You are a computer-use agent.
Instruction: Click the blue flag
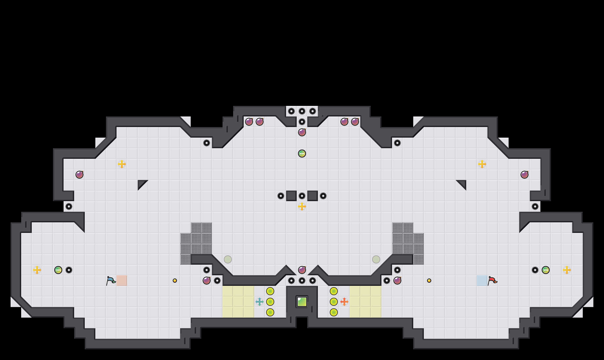[111, 280]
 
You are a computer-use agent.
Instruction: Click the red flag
[492, 280]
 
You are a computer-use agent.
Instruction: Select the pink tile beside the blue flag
[122, 281]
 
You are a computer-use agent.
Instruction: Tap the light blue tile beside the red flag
[482, 281]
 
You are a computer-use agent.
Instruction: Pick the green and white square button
[302, 302]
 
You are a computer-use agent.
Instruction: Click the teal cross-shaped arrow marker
[260, 302]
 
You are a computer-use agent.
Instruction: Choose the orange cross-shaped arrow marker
[344, 302]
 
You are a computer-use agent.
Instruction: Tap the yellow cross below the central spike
[302, 206]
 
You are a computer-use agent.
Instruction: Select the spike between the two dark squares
[302, 196]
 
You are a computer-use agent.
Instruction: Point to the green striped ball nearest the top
[302, 154]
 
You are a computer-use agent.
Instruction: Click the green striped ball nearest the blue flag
[58, 270]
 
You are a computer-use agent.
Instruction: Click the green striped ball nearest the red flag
[546, 270]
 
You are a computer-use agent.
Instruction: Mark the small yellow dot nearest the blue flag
[175, 281]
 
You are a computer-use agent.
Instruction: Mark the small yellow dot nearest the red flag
[429, 281]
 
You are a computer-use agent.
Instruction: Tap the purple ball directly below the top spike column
[302, 132]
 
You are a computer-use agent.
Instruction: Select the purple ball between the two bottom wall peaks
[302, 270]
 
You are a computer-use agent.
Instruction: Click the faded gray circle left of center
[228, 259]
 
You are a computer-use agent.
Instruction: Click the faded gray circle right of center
[376, 259]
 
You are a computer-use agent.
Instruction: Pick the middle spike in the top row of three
[302, 111]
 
